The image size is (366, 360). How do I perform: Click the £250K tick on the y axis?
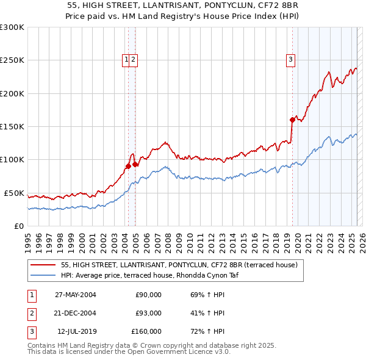[x=12, y=60]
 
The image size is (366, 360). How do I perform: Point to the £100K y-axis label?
[x=12, y=160]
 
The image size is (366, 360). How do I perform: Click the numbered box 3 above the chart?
[x=290, y=59]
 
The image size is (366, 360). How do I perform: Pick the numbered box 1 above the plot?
[x=126, y=59]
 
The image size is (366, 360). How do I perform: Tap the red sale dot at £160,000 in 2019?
[x=292, y=120]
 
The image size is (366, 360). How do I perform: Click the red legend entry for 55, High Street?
[x=179, y=265]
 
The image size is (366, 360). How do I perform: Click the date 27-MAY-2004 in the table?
[x=76, y=295]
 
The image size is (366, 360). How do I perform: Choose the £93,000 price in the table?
[x=148, y=313]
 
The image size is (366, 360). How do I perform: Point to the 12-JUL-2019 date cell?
[x=76, y=331]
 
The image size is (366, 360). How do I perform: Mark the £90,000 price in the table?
[x=148, y=295]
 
